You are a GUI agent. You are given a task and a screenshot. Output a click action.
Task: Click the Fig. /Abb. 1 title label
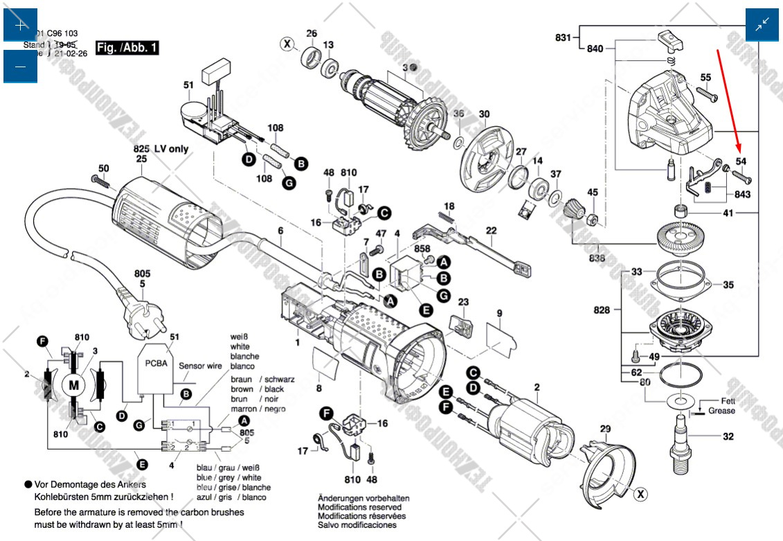(x=127, y=48)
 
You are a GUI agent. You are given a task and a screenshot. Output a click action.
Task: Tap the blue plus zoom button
(x=20, y=25)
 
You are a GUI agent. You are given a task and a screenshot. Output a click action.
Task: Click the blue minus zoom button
(x=20, y=66)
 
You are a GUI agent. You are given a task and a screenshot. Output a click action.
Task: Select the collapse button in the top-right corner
(x=762, y=25)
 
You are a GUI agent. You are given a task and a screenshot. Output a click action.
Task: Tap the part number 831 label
(x=564, y=37)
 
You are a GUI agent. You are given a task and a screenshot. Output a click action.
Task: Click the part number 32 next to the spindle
(x=728, y=436)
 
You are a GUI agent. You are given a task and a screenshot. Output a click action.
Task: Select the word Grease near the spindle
(x=721, y=411)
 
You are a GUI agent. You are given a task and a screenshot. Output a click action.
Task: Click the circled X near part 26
(x=287, y=44)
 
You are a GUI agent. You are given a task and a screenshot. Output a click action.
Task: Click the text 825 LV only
(x=161, y=148)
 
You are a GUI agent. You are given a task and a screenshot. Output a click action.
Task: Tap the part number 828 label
(x=602, y=310)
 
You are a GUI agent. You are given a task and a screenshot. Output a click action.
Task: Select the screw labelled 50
(x=101, y=180)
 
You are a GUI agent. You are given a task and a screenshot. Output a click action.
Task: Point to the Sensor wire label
(x=201, y=366)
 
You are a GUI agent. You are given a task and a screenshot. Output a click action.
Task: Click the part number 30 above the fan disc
(x=484, y=114)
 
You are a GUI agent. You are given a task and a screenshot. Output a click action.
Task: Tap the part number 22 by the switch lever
(x=491, y=231)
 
